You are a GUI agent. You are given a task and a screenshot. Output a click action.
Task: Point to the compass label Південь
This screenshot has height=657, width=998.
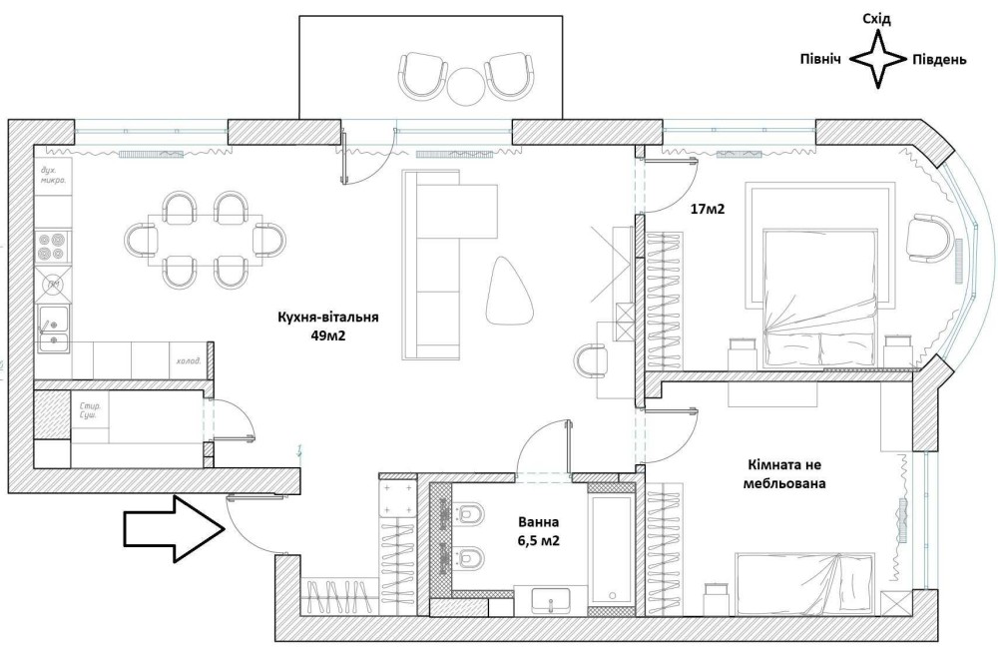[x=939, y=60]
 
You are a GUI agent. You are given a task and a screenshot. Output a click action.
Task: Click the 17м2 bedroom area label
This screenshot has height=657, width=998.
[x=707, y=210]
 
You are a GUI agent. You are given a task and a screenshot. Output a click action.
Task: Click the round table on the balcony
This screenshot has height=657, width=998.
[x=465, y=86]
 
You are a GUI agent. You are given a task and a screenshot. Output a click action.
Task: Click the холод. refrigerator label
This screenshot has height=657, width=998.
[x=187, y=360]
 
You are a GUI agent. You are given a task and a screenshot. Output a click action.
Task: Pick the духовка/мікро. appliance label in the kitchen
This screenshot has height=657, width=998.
[x=54, y=178]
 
